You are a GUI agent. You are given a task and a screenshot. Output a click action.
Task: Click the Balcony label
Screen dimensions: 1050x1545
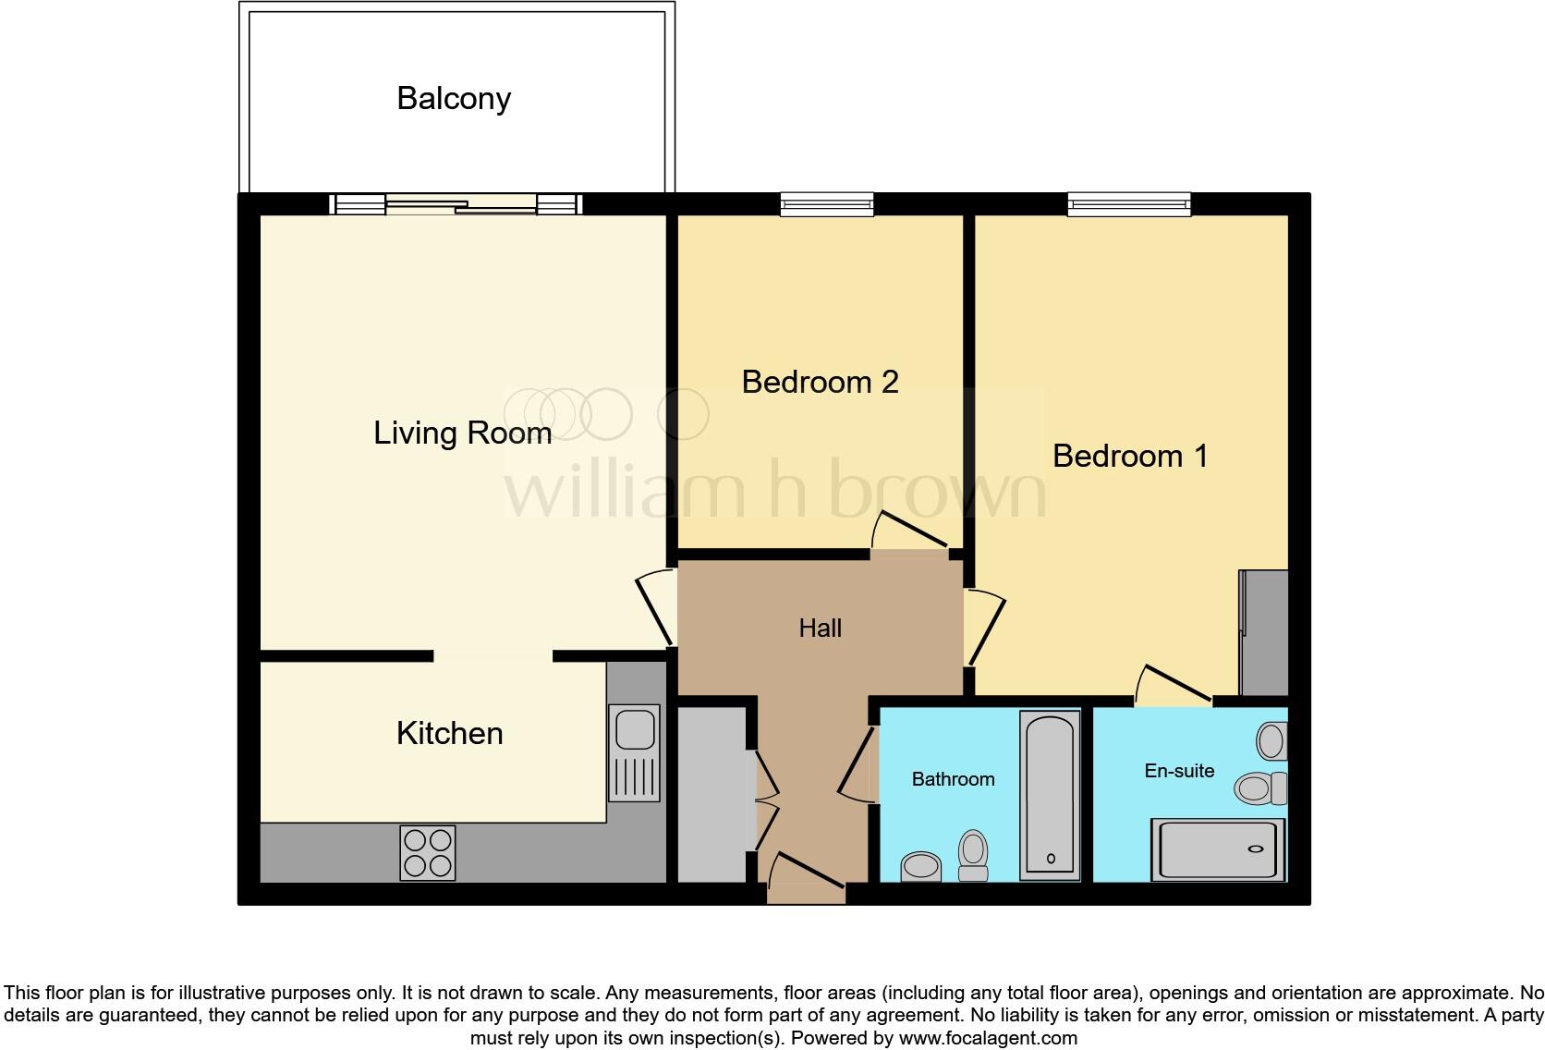453,98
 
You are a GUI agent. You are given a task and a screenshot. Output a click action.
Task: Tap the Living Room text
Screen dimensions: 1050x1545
462,433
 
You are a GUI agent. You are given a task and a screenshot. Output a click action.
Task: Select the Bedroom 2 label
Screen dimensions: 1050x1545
820,382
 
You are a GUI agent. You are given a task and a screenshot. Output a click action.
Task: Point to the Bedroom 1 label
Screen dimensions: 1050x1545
1129,456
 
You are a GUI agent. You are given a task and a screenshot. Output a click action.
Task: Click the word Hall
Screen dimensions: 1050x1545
820,629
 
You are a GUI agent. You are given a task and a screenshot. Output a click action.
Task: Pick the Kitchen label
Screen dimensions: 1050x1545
449,733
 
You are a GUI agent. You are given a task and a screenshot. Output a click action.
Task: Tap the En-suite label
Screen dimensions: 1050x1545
1179,771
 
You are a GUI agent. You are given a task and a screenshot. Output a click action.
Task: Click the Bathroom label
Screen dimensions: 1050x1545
953,779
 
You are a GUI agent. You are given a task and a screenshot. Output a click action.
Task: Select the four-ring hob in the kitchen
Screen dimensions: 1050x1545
428,852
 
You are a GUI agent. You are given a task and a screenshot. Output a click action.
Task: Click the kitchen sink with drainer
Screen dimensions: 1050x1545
634,752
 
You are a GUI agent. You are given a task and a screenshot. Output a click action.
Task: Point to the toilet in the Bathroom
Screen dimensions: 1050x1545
973,856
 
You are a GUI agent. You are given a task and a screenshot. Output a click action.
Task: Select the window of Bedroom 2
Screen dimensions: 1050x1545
826,203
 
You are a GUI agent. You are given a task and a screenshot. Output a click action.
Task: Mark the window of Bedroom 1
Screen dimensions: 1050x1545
1128,203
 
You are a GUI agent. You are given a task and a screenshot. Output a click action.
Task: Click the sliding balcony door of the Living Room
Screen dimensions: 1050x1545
459,205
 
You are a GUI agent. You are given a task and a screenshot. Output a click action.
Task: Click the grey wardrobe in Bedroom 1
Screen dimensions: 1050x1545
1262,632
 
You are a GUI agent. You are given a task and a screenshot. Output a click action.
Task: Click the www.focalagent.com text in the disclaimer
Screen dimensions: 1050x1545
987,1038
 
